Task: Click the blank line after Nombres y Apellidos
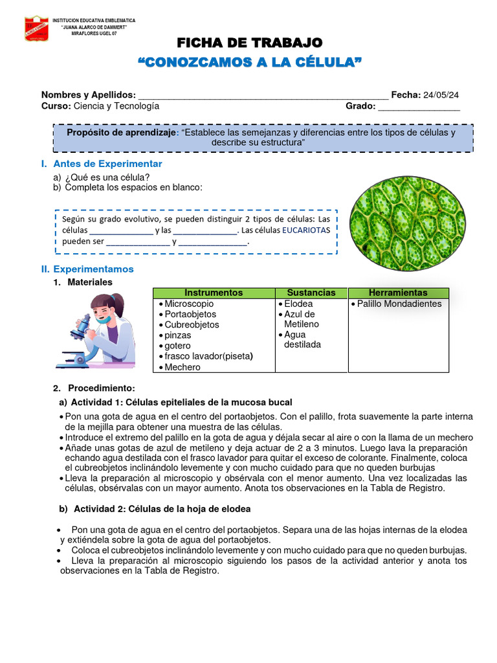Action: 263,96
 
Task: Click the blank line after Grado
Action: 419,107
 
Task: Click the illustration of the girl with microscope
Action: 100,330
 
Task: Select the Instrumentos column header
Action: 214,293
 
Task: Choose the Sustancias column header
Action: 311,293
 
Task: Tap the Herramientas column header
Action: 398,293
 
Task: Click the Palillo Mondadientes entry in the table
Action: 399,304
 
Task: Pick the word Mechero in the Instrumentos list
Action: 182,367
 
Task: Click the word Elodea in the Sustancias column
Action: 298,304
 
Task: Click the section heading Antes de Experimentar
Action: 107,164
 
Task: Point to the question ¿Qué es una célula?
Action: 107,177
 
